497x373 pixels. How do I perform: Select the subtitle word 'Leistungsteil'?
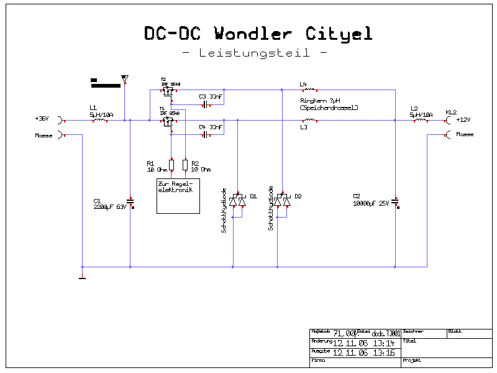[x=254, y=53]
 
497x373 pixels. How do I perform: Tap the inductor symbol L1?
[x=99, y=121]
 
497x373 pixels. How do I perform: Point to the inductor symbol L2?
[x=421, y=121]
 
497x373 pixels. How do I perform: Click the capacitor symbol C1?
[x=130, y=201]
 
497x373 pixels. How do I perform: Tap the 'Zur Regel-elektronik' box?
[x=178, y=196]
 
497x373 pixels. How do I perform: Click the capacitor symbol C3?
[x=204, y=104]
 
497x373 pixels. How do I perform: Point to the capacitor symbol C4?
[x=204, y=134]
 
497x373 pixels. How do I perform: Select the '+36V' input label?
[x=42, y=118]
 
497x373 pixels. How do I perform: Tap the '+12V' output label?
[x=463, y=119]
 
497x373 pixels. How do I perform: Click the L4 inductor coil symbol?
[x=309, y=90]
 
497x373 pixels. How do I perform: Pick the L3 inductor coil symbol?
[x=309, y=121]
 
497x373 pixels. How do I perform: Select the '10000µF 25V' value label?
[x=371, y=203]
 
